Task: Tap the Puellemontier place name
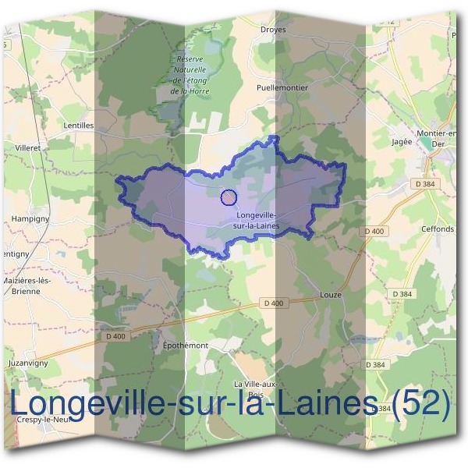[282, 88]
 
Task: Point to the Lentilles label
[78, 125]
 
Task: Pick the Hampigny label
[30, 219]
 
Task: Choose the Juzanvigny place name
[27, 363]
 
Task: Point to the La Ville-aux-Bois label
[256, 389]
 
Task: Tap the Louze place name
[331, 296]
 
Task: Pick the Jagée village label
[401, 143]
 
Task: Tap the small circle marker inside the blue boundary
[229, 197]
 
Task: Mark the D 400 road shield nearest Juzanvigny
[114, 336]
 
